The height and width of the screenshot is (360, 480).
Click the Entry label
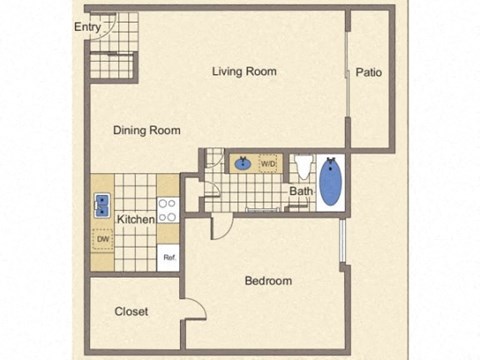(88, 27)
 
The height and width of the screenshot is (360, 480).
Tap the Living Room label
(244, 71)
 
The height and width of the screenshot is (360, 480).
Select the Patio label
(368, 72)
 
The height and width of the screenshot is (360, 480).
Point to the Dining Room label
(146, 130)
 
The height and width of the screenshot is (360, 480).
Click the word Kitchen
(136, 219)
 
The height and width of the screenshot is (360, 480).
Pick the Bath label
(301, 191)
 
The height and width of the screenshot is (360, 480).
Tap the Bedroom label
(268, 281)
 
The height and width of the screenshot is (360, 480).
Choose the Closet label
(131, 311)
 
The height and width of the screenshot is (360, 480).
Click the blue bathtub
(331, 182)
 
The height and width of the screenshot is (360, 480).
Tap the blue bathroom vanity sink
(243, 162)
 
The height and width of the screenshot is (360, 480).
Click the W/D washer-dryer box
(268, 162)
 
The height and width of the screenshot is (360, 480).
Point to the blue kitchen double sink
(102, 206)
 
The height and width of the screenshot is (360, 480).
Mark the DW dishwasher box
(102, 239)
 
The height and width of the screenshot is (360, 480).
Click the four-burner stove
(168, 210)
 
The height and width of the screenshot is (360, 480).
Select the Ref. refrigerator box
(169, 257)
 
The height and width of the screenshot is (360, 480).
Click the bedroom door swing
(222, 225)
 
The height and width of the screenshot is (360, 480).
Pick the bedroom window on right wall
(342, 241)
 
